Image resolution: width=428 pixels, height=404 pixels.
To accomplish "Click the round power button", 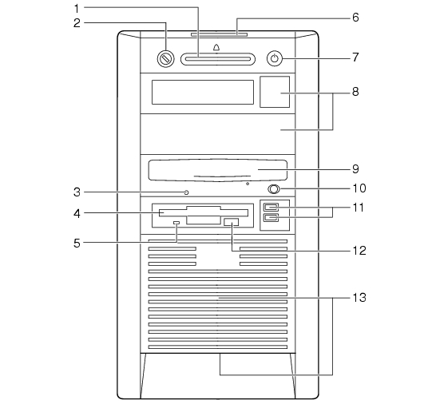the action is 275,59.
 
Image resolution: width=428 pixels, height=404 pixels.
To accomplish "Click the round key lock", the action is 165,58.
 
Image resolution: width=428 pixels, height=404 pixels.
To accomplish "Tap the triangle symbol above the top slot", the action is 216,48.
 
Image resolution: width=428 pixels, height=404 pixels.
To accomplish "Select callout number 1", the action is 77,9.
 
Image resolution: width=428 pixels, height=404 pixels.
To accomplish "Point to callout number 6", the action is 355,18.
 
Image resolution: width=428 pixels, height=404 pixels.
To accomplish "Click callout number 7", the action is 355,57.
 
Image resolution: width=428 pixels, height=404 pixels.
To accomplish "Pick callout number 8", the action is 355,92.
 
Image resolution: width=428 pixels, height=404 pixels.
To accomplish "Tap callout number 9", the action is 355,169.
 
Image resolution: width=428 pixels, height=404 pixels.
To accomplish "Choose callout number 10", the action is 359,188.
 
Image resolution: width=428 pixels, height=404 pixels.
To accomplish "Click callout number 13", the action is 359,297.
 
